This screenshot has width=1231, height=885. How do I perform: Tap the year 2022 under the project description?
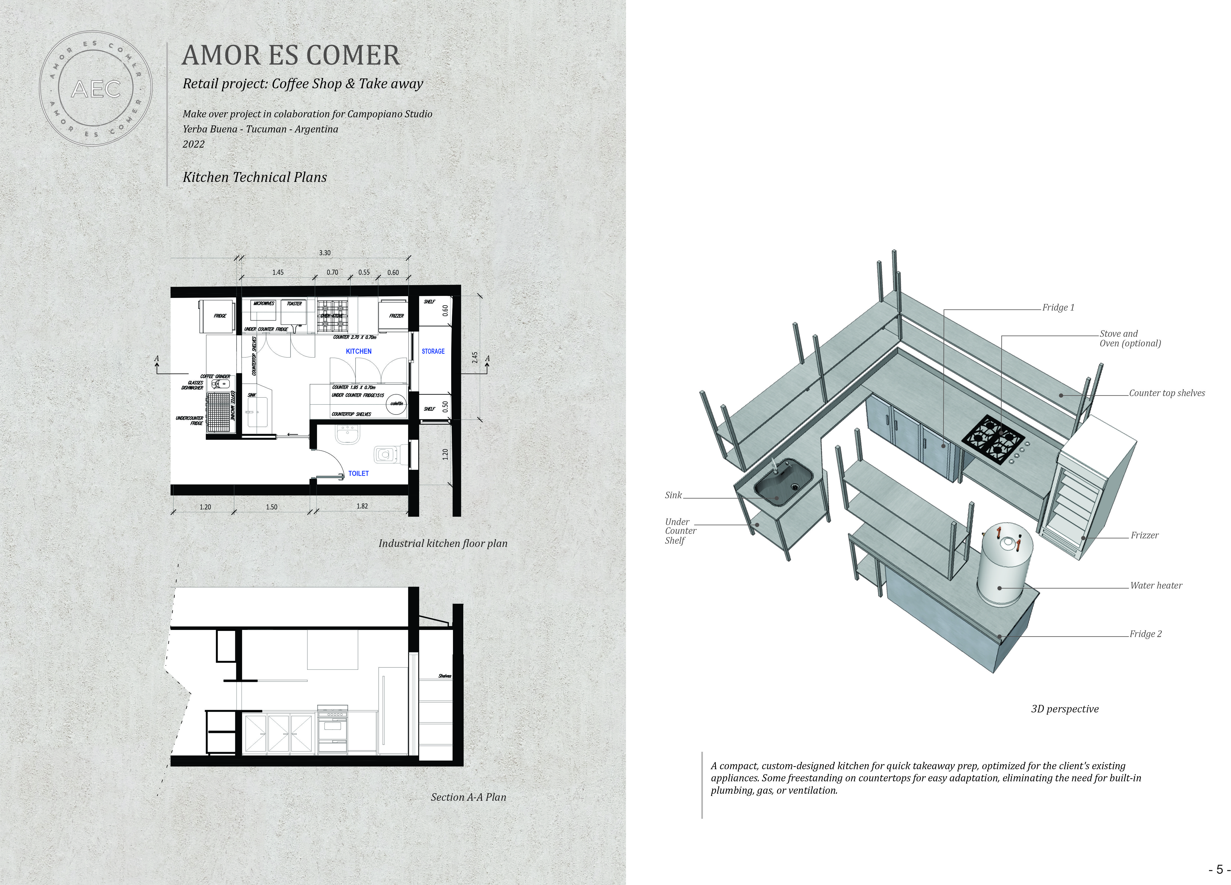[x=194, y=144]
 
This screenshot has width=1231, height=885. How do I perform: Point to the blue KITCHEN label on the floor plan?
[x=359, y=351]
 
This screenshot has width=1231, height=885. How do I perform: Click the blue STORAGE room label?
[x=433, y=351]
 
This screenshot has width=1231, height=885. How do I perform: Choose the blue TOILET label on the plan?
[x=358, y=474]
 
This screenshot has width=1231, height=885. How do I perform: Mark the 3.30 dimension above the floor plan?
[x=325, y=253]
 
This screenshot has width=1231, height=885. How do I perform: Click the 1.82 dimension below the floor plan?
[x=362, y=506]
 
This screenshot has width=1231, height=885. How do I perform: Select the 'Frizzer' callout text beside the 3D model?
[x=1144, y=535]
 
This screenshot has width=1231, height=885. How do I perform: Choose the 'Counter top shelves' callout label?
[x=1166, y=393]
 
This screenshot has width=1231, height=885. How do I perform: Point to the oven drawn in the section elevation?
[x=332, y=730]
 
